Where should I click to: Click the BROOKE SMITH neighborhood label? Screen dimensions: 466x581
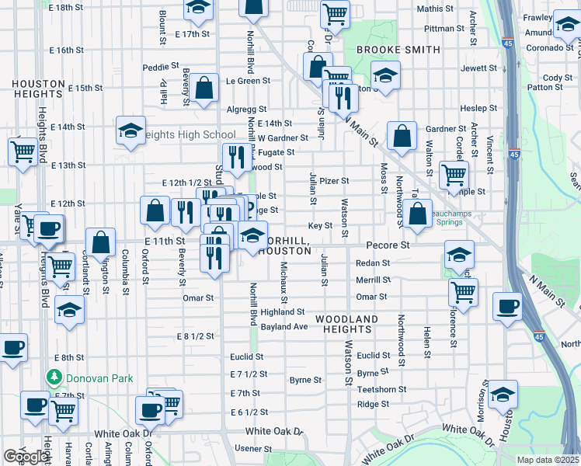coord(398,50)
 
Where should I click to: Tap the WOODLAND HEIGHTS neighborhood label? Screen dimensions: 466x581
coord(346,325)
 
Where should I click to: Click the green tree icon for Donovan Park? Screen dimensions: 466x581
coord(54,378)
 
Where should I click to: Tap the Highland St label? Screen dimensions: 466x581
coord(282,311)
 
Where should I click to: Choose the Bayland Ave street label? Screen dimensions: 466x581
coord(284,327)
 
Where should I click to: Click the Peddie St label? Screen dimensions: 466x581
coord(161,67)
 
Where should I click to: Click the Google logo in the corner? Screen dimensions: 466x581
coord(26,457)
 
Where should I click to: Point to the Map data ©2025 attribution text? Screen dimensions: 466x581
coord(548,460)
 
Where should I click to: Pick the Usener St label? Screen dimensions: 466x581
coord(261,449)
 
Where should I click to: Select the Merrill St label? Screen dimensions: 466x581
coord(373,280)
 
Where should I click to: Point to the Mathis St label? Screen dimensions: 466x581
coord(435,9)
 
